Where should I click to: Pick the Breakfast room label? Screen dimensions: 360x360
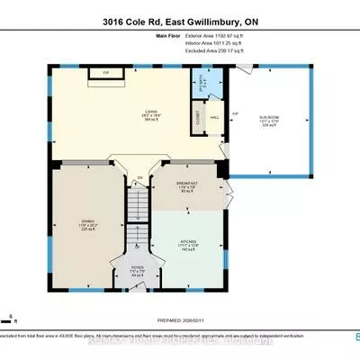(184, 186)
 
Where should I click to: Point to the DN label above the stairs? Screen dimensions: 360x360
(140, 177)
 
